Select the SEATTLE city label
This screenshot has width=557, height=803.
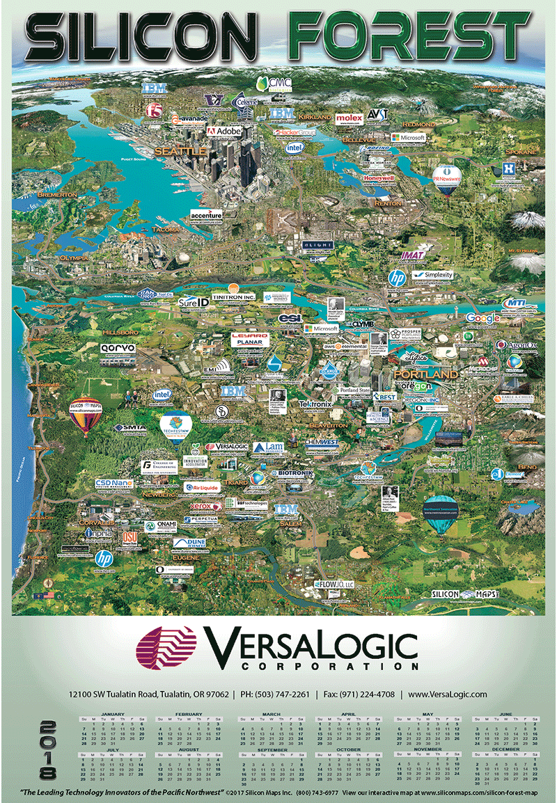click(180, 150)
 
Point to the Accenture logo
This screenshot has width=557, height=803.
click(205, 216)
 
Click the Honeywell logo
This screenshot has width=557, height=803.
click(379, 178)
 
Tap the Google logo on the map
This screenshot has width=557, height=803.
click(483, 318)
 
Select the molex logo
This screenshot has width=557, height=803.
click(349, 118)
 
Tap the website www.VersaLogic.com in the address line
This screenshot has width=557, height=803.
click(448, 694)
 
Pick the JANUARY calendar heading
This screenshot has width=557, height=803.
click(112, 715)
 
